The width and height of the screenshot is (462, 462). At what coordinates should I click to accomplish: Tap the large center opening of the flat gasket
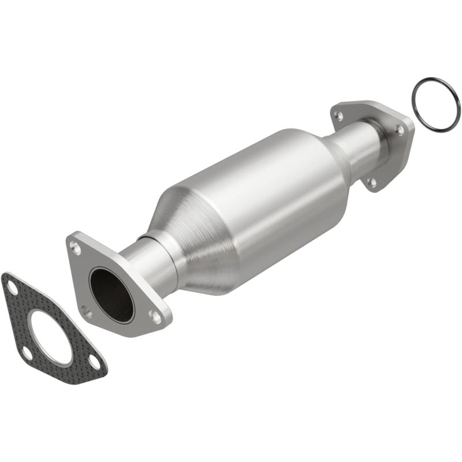(x=50, y=338)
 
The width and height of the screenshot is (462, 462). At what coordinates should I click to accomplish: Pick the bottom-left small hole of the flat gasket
(x=27, y=353)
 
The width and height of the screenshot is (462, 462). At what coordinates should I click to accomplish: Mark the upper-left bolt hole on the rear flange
(x=339, y=116)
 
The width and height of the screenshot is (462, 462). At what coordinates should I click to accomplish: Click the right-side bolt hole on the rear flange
(x=400, y=131)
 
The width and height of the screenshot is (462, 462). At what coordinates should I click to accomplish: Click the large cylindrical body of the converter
(x=271, y=191)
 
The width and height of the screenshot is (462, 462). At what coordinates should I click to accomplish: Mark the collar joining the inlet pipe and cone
(x=165, y=254)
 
